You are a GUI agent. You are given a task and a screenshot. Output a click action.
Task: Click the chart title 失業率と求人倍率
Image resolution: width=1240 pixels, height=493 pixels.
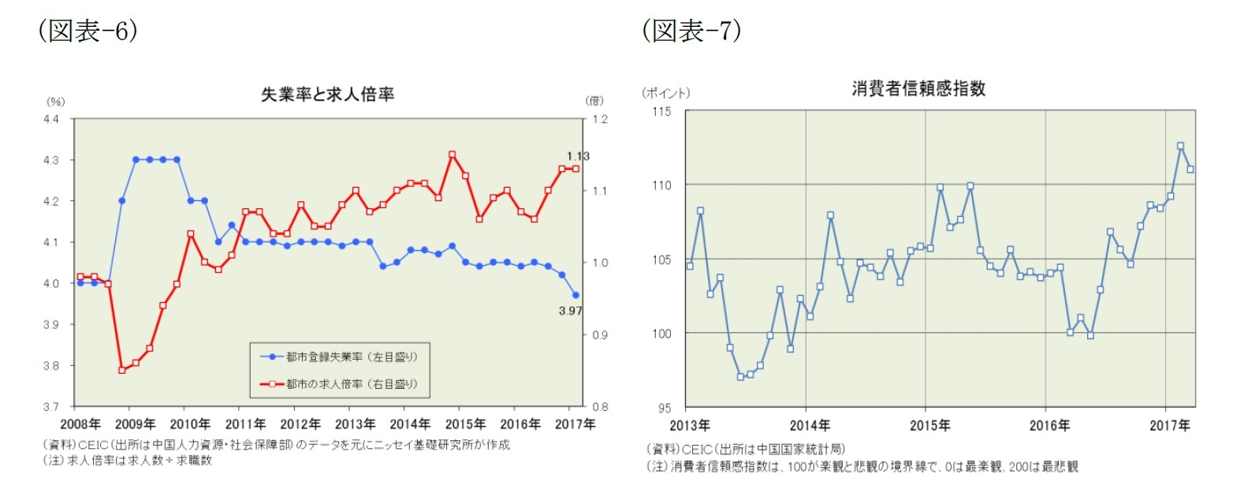pos(327,95)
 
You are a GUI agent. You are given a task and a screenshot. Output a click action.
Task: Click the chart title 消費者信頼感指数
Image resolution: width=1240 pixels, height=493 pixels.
pos(918,88)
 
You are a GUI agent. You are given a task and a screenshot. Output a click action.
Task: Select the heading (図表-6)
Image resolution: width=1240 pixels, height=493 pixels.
pos(88,31)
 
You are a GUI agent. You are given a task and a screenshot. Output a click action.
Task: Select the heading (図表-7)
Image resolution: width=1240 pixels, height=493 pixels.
pos(691,31)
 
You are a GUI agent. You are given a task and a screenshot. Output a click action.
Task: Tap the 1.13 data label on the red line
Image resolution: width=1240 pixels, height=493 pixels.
pos(578,156)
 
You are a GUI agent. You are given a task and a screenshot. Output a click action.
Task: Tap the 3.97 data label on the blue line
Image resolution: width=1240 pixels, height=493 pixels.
pos(570,311)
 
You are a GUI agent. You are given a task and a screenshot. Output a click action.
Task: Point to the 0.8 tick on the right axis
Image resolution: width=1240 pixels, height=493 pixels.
pos(600,407)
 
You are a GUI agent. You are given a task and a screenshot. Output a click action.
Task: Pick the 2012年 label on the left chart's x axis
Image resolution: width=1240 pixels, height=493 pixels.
pos(300,424)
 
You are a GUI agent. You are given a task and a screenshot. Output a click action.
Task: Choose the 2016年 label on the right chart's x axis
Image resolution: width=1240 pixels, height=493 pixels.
pos(1049,426)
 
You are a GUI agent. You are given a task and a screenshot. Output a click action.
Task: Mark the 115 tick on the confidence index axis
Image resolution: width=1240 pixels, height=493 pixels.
pos(661,111)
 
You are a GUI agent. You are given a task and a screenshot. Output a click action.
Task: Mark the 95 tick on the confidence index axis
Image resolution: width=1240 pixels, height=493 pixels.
pos(665,408)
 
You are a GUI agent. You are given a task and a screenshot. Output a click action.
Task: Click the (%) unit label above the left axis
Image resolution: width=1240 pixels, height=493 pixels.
pos(55,102)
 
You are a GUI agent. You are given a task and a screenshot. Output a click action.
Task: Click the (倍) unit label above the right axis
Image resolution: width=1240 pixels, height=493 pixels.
pos(594,101)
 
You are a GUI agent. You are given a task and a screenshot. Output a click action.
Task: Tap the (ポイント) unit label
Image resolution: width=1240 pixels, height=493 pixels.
pos(665,93)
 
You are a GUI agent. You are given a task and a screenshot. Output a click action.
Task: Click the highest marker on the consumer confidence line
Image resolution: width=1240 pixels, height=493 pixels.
pos(1180,146)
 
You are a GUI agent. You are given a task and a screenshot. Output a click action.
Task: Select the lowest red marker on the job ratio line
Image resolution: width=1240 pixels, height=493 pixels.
pos(122,370)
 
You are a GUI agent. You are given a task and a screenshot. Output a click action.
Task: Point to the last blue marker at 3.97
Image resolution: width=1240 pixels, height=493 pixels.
pos(575,295)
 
